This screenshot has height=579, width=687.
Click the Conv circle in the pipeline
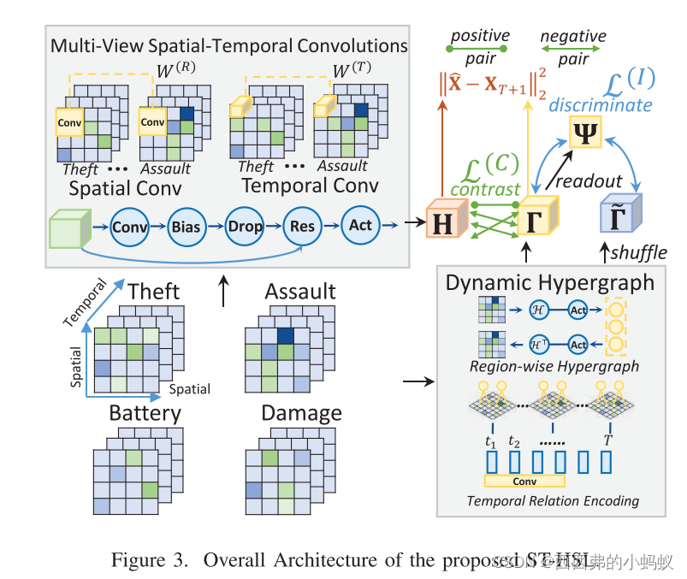(x=129, y=227)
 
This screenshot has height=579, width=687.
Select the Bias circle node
(x=187, y=227)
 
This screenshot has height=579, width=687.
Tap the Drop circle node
(x=245, y=227)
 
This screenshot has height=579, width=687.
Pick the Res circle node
(x=302, y=227)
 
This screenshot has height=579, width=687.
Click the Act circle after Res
(x=360, y=225)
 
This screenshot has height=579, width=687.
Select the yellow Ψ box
(x=588, y=133)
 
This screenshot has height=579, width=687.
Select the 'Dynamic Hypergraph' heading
(x=549, y=281)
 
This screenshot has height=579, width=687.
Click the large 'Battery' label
(x=145, y=413)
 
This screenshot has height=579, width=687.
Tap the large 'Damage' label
(x=302, y=413)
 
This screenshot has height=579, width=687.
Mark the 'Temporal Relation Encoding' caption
(x=553, y=500)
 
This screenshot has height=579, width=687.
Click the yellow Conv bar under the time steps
(x=524, y=482)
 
